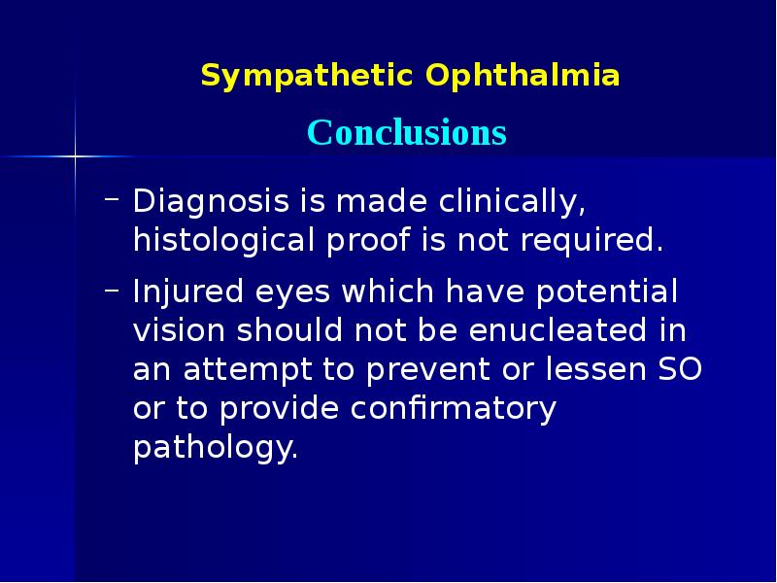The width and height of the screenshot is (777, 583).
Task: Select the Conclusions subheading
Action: point(407,133)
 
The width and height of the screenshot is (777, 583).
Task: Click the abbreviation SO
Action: point(683,370)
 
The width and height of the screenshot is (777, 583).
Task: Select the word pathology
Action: point(214,449)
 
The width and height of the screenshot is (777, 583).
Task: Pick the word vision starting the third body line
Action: point(177,330)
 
